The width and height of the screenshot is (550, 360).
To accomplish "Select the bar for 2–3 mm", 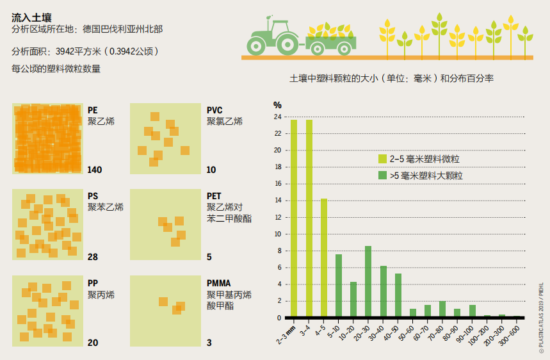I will coord(294,218).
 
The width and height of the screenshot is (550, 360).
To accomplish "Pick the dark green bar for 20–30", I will coord(368,281).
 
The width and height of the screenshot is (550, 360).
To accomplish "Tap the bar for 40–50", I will coord(398,295).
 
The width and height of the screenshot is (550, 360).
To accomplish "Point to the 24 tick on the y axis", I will coord(277,117).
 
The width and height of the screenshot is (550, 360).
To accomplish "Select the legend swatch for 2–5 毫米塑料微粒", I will coord(382,159).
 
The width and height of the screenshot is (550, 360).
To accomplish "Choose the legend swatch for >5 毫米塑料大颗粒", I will coord(382,174).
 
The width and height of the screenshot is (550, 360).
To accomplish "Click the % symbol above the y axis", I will coord(277,105).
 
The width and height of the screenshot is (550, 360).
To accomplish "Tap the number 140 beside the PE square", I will coord(95,170).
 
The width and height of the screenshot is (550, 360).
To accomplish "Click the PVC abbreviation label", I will coord(215,110).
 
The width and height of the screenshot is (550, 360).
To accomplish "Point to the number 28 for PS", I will coord(93,257).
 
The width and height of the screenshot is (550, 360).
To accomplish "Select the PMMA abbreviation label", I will coord(218,283).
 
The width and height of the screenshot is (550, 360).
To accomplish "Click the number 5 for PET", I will coord(209,257).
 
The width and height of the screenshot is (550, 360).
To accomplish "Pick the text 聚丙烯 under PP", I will coord(101,295).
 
